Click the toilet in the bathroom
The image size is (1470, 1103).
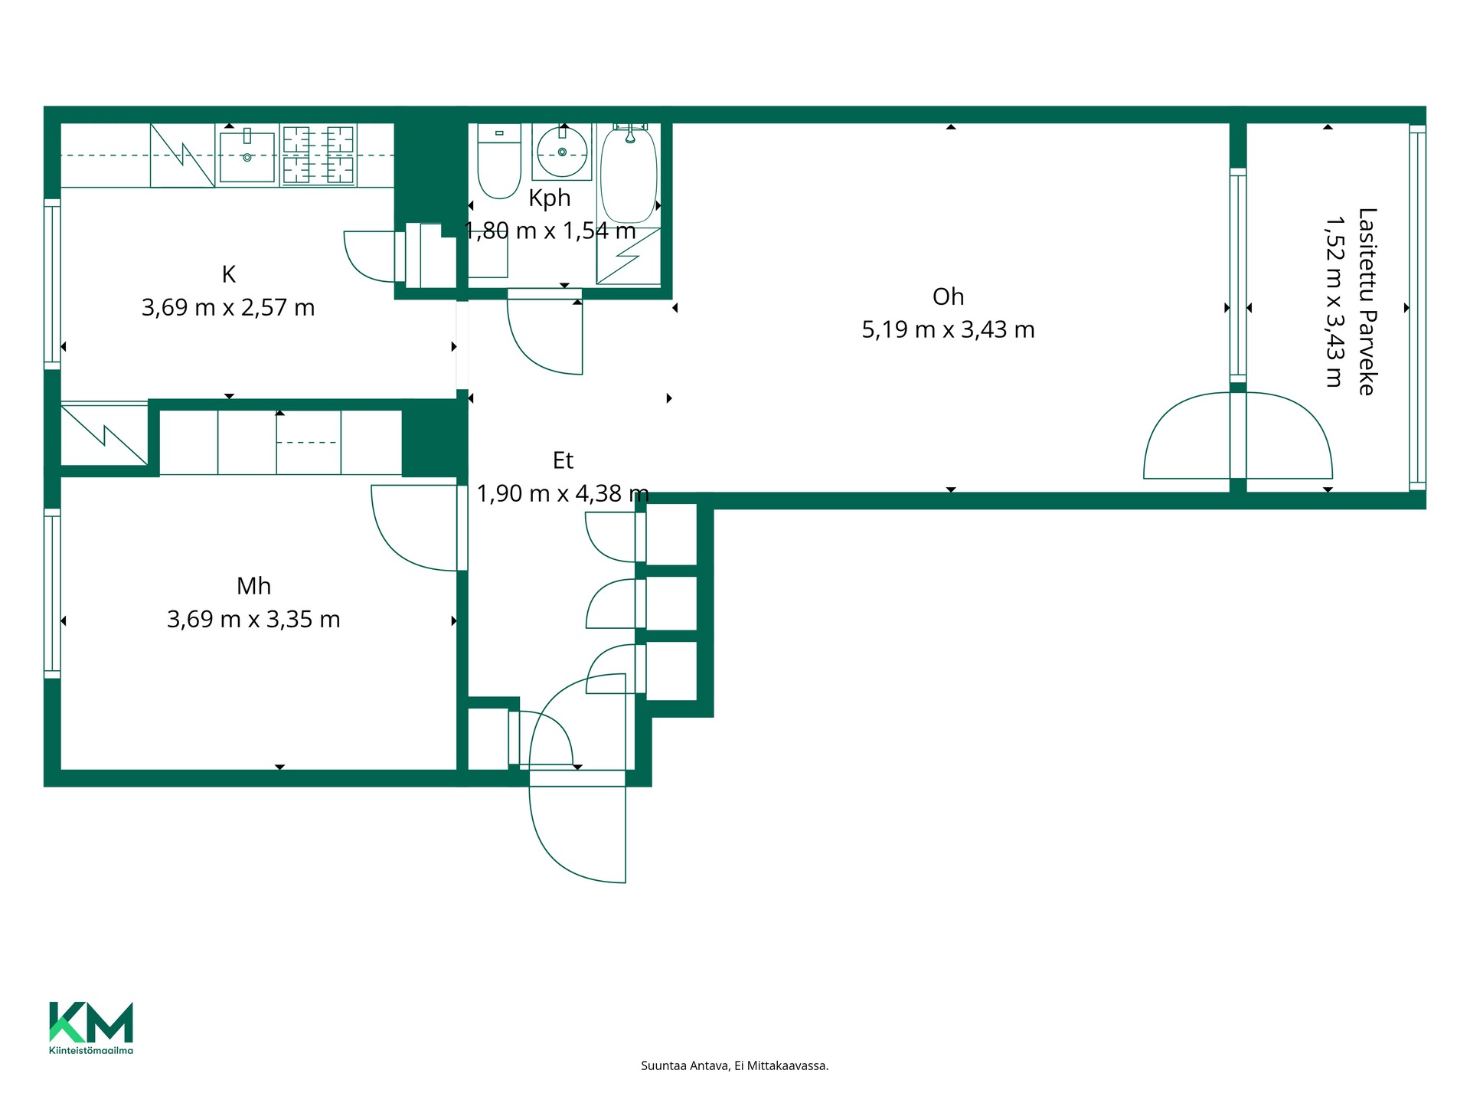click(499, 162)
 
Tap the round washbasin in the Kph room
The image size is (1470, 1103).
click(562, 152)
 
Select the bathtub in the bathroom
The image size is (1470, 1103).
click(629, 175)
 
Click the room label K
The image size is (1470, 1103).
click(228, 274)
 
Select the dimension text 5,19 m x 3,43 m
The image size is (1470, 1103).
click(948, 330)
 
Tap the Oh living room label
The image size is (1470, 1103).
click(948, 296)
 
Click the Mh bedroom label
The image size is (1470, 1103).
click(253, 586)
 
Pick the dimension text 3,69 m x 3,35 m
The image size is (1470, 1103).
click(253, 619)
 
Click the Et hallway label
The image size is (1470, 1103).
click(563, 460)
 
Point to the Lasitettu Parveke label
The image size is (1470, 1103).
click(1367, 301)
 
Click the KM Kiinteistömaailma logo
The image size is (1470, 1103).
click(91, 1028)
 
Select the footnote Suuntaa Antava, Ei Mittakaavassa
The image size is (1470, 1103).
click(734, 1065)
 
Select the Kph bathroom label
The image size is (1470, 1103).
click(550, 198)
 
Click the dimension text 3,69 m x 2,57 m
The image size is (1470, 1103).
click(228, 308)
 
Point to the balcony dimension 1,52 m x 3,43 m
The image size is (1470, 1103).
click(1334, 301)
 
